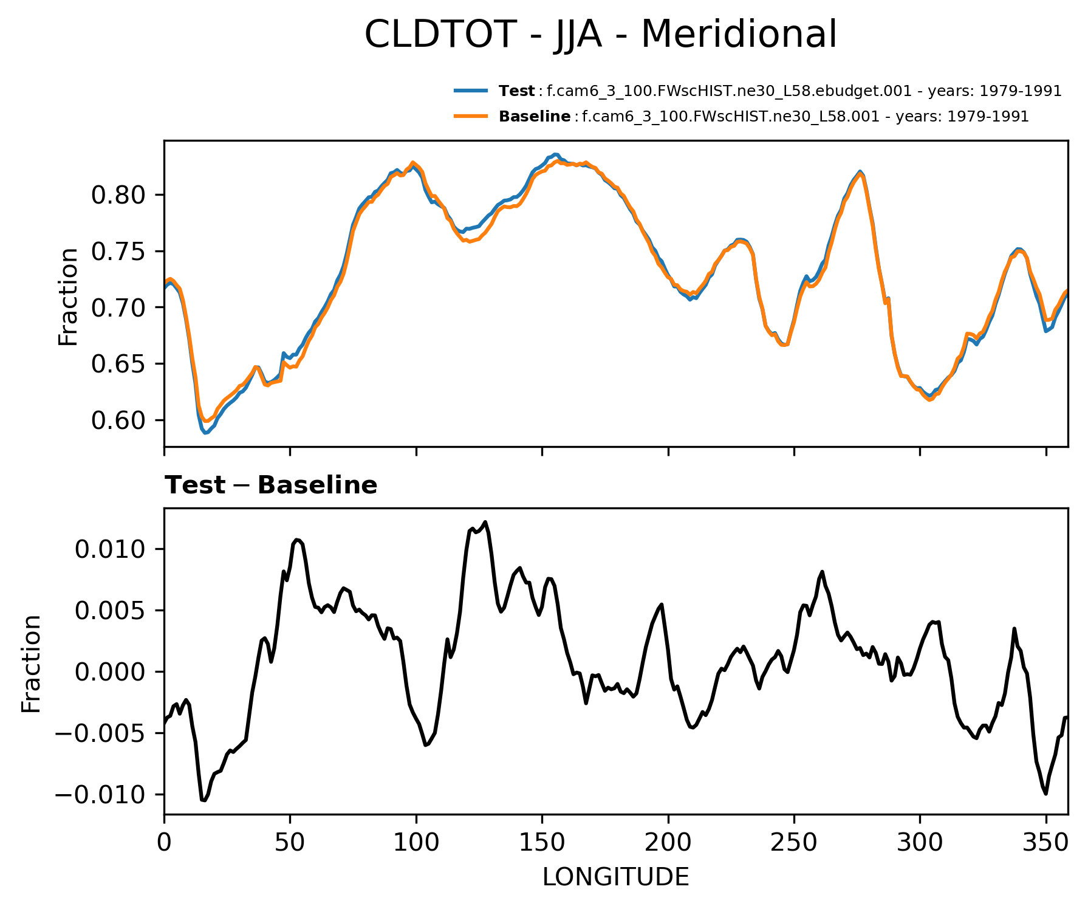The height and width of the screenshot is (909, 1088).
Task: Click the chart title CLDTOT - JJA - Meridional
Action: point(600,34)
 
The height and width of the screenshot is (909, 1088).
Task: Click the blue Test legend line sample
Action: point(470,91)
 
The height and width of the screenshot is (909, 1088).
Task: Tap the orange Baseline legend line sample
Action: point(470,116)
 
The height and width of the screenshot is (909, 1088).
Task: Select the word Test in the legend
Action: point(516,91)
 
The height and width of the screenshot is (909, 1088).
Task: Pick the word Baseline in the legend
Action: point(535,116)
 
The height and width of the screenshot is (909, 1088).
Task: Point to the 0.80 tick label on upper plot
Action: point(119,195)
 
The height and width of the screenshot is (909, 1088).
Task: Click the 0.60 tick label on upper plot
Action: point(119,420)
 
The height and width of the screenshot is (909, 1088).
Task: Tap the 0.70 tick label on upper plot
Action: point(119,308)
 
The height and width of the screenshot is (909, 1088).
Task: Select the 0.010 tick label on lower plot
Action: point(110,549)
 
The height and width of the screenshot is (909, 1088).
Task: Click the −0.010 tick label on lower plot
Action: point(101,795)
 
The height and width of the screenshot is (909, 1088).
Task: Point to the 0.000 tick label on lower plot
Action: point(110,672)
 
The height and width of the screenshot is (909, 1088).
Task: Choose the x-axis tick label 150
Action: point(542,842)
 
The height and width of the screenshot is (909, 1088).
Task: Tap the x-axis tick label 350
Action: point(1045,842)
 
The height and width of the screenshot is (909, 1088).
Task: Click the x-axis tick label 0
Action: point(165,842)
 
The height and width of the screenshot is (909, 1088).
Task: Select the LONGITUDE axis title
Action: point(615,877)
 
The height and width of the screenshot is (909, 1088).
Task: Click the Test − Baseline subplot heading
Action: point(271,485)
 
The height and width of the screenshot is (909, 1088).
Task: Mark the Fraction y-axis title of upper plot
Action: point(68,297)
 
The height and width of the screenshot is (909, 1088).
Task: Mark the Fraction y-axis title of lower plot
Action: point(31,663)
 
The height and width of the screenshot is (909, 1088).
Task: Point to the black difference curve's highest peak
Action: point(485,522)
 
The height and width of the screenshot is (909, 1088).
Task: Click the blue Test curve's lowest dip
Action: point(205,433)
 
